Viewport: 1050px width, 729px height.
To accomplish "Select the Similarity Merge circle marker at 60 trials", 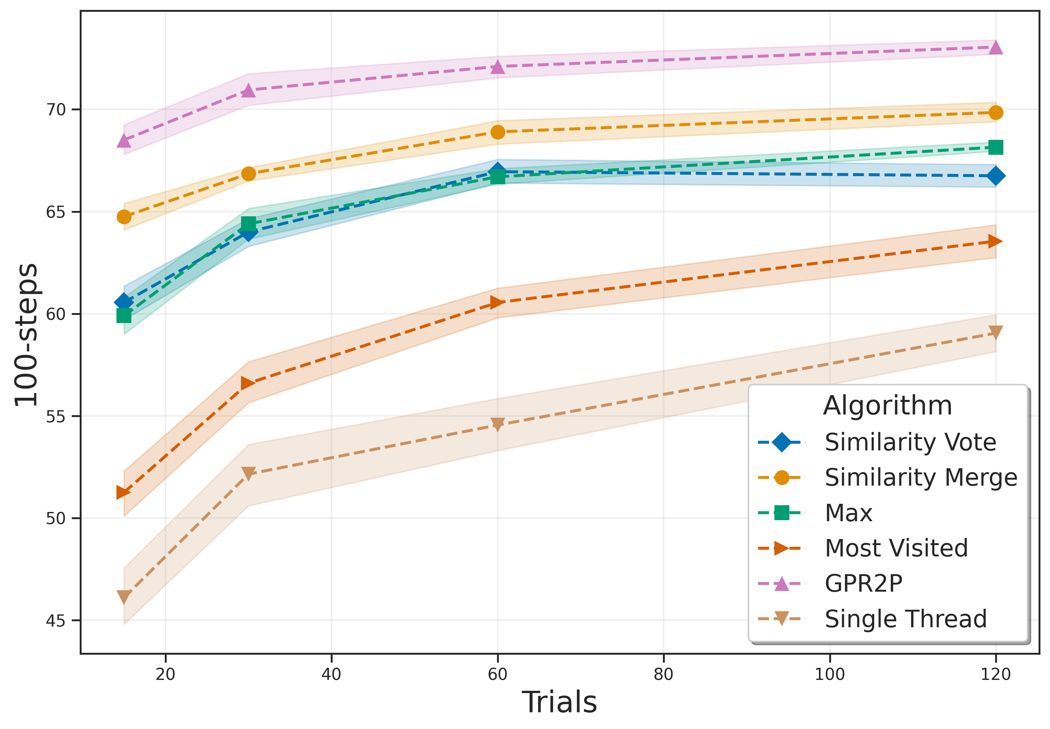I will coord(497,132).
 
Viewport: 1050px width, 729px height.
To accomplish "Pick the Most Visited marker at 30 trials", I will coord(248,383).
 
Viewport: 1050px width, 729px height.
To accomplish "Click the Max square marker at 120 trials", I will coord(995,147).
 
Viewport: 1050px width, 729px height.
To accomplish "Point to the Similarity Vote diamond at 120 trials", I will coord(995,176).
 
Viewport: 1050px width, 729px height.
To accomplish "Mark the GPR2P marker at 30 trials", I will coord(248,90).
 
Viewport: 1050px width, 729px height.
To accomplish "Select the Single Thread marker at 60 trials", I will coord(497,424).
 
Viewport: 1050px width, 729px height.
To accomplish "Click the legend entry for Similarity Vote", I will coord(910,442).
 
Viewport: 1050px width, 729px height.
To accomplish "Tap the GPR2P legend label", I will coord(863,583).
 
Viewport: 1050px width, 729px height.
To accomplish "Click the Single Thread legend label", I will coord(905,619).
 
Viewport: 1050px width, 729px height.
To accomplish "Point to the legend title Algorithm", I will coord(887,405).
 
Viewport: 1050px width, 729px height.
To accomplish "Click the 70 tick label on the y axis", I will coord(56,110).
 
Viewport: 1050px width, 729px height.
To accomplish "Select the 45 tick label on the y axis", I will coord(56,621).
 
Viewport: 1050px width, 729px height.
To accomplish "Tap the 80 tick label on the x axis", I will coord(663,674).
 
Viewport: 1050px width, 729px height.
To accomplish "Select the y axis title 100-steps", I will coord(26,334).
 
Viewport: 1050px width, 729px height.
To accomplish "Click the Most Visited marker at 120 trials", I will coord(995,241).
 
